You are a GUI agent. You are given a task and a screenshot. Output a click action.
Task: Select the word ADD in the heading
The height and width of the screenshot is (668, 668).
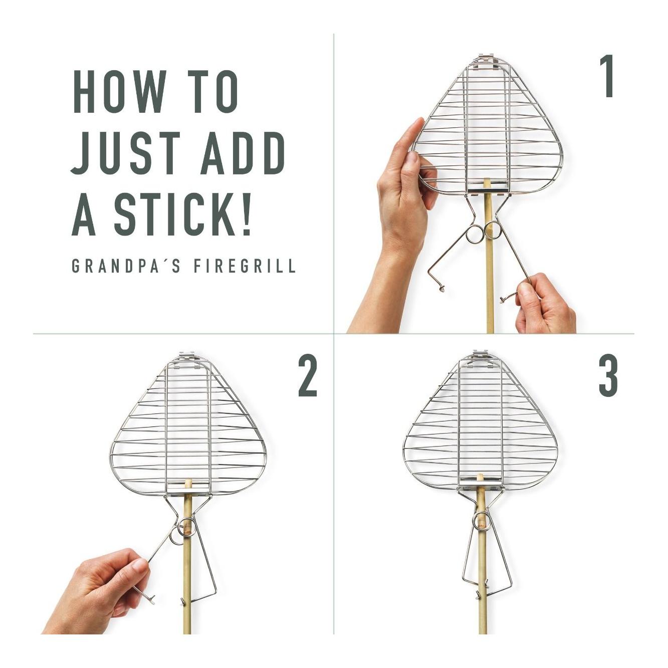(243, 153)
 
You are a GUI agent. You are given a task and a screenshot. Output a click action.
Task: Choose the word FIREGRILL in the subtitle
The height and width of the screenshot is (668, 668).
(245, 266)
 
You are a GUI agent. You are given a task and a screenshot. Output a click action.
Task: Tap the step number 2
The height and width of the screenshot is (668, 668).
(308, 376)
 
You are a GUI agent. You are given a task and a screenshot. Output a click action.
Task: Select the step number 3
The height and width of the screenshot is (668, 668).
(608, 376)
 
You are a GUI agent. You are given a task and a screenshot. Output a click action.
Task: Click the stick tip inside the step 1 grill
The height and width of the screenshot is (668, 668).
(487, 181)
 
